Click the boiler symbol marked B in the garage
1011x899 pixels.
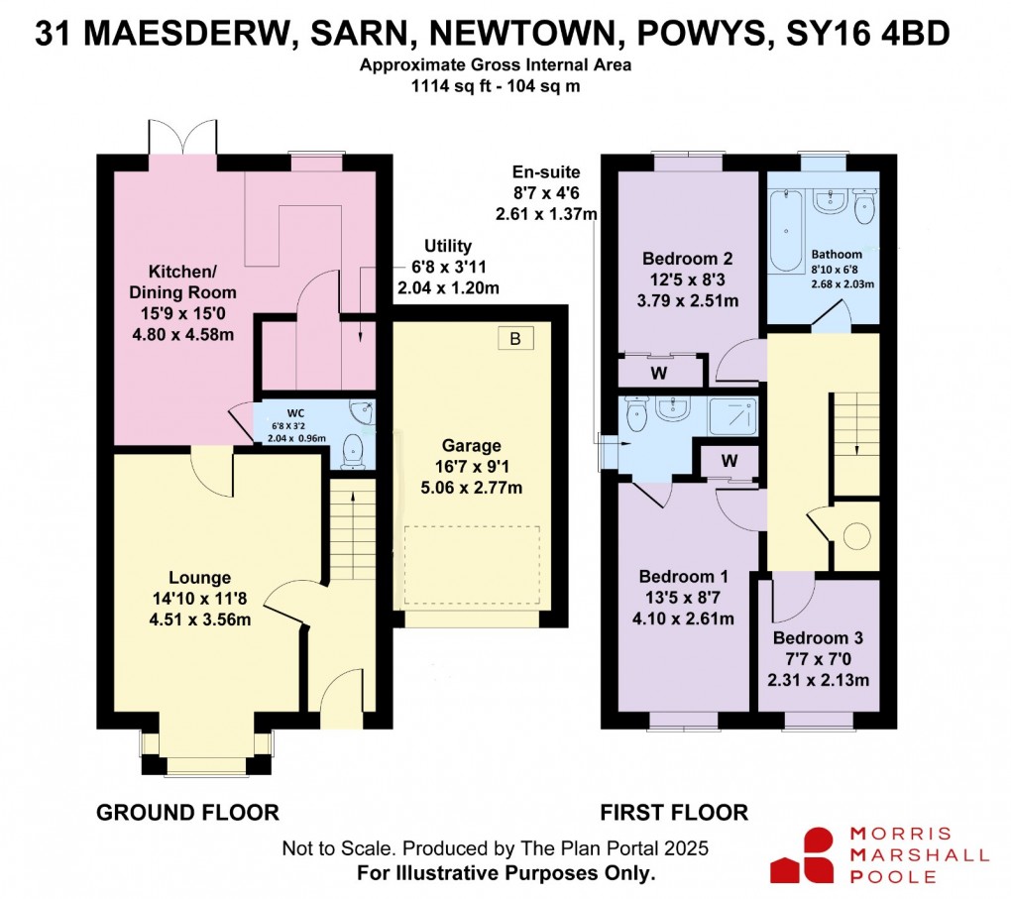click(514, 339)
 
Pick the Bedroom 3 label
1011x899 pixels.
click(820, 638)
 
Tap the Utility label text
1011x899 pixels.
click(448, 246)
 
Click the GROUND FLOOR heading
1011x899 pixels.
click(187, 813)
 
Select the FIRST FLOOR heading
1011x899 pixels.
click(674, 813)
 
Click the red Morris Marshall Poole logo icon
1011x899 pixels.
click(801, 854)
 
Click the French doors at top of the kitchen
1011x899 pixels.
click(181, 139)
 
